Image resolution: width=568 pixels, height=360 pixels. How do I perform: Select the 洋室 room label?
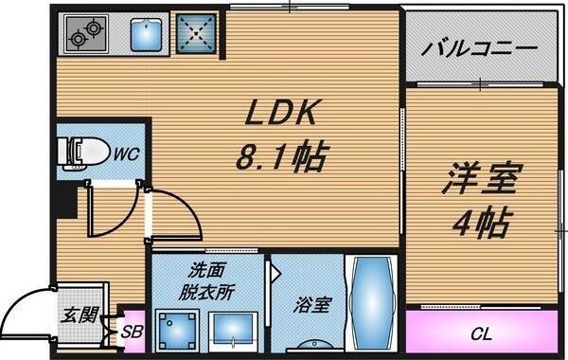(479, 179)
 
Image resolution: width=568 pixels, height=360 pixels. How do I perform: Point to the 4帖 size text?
(481, 223)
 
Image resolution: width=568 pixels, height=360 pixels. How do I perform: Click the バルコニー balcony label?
(481, 45)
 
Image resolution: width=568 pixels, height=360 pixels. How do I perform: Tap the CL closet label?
(481, 333)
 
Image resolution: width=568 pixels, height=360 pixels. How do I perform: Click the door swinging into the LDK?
(175, 213)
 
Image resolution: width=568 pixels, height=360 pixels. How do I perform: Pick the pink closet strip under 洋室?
(481, 333)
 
